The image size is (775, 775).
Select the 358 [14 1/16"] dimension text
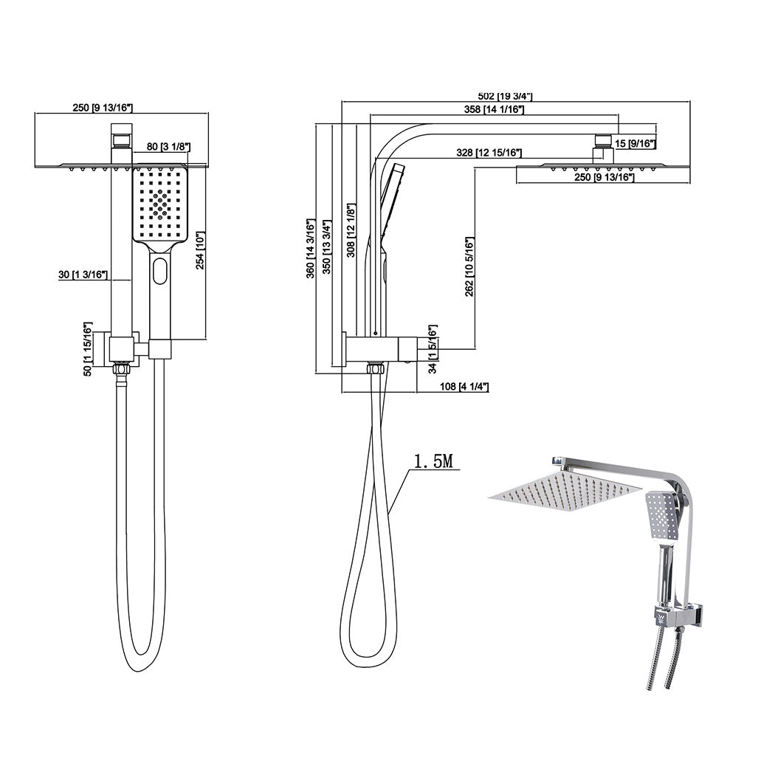point(494,110)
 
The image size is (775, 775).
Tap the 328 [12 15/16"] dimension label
point(489,153)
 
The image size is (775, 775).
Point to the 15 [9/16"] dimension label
point(635,144)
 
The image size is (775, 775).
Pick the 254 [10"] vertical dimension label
point(199,251)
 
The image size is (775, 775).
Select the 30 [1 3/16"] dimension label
point(83,275)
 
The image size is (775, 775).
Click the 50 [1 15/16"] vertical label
point(88,350)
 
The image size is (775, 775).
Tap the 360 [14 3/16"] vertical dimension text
point(311,248)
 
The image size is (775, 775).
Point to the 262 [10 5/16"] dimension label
point(470,266)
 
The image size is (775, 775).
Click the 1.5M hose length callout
point(433,462)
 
